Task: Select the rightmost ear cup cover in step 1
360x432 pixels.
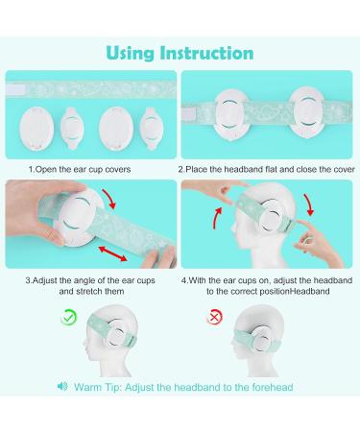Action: [151, 126]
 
